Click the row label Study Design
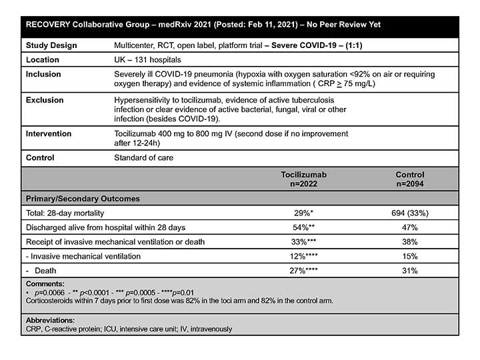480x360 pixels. click(51, 45)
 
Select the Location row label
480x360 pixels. click(44, 59)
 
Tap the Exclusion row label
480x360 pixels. click(45, 100)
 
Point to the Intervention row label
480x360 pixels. click(49, 133)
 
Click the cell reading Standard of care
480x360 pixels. click(144, 158)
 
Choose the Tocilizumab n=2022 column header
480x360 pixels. click(303, 179)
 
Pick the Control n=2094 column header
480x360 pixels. click(409, 179)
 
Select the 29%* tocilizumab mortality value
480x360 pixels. click(303, 213)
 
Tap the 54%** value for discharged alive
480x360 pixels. click(303, 227)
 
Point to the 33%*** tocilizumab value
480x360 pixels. click(303, 241)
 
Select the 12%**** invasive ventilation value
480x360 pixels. click(303, 256)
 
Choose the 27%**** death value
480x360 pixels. click(303, 271)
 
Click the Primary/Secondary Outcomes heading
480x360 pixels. click(82, 199)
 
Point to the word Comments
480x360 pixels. click(46, 284)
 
